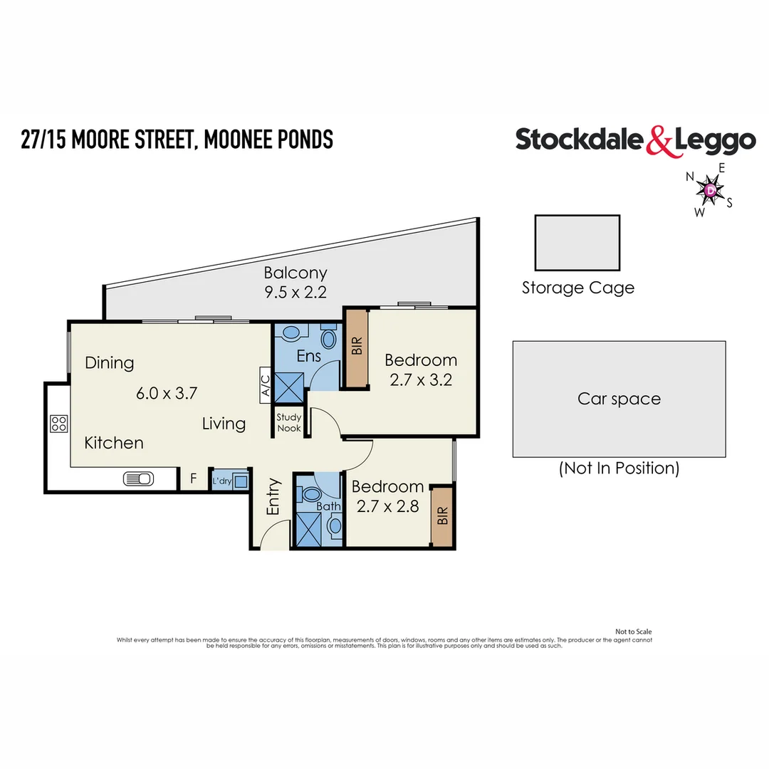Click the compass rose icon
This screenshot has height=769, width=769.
[710, 189]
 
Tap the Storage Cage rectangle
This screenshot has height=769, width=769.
[577, 243]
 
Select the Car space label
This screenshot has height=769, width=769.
[619, 399]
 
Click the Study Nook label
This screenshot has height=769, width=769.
[289, 423]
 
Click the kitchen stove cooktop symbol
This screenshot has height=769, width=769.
[58, 424]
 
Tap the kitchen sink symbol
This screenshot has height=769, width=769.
[138, 479]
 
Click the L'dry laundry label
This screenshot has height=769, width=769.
[222, 482]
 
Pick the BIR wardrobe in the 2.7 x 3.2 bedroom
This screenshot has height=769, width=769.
[357, 347]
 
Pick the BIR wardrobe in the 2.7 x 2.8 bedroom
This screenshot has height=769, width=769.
[443, 516]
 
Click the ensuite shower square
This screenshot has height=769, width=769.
[289, 388]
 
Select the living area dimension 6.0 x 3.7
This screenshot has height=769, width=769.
[166, 392]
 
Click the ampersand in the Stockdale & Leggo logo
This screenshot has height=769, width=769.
[659, 141]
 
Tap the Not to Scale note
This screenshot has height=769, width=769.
[633, 632]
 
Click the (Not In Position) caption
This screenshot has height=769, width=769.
[619, 468]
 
